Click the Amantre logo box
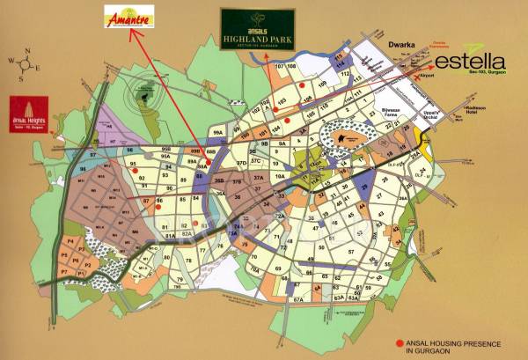[x=128, y=17]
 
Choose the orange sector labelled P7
[x=63, y=273]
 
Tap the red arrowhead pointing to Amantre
[x=133, y=35]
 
